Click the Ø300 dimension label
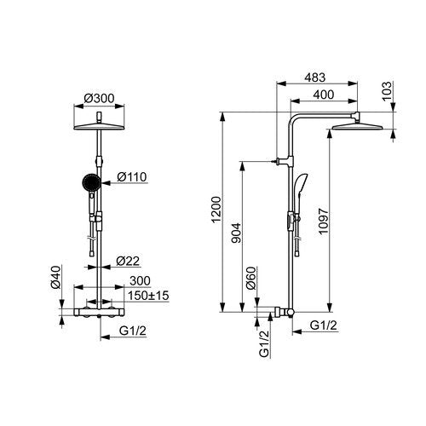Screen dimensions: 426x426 tap(99, 98)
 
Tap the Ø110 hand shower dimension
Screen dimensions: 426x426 tap(132, 176)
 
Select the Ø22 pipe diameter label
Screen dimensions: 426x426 tap(128, 261)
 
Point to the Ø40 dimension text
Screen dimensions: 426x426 tap(56, 277)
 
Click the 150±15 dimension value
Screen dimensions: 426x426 tap(148, 296)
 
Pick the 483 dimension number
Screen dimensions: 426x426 tap(314, 78)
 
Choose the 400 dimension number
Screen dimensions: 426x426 tap(323, 95)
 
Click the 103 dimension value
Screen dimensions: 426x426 tap(387, 90)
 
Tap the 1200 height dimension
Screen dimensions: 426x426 tap(216, 210)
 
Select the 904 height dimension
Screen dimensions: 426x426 tap(236, 233)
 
